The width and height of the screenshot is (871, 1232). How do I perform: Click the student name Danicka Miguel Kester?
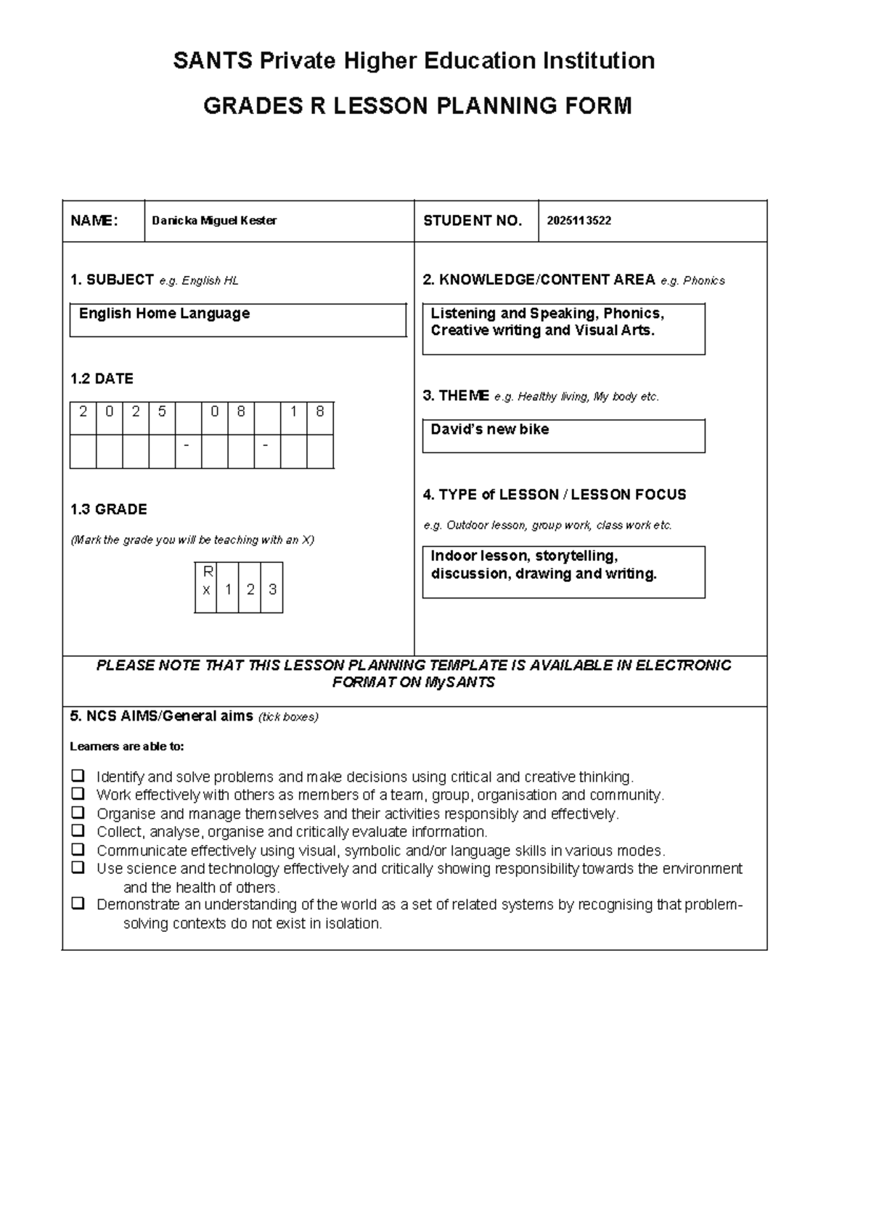point(214,221)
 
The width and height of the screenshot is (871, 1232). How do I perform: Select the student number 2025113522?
point(578,221)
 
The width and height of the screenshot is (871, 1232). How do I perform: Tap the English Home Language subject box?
point(237,320)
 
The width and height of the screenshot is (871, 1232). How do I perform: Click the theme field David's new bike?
point(563,435)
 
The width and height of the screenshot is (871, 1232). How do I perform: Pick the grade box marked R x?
point(206,587)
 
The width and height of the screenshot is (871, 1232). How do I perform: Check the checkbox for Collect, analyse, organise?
point(78,830)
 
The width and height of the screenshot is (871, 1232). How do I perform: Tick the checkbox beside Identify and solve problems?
point(78,775)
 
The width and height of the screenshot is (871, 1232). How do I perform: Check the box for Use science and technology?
point(78,867)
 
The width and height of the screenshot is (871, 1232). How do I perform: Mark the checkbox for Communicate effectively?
point(78,849)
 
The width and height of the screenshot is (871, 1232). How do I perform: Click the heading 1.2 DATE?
point(102,378)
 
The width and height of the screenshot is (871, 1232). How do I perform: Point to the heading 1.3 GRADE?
point(108,509)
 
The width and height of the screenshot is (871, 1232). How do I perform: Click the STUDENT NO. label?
point(473,221)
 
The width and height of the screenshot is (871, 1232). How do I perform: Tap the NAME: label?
point(94,221)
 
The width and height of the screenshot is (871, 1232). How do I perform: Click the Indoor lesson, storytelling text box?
point(563,572)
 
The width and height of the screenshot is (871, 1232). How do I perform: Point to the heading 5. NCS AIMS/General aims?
point(163,716)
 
